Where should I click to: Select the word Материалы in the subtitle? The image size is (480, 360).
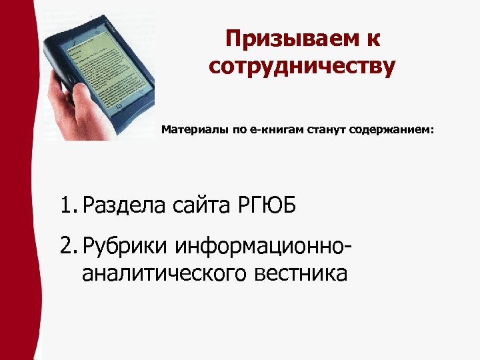click(x=193, y=131)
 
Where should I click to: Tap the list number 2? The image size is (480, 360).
click(x=67, y=247)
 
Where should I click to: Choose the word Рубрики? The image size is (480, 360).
click(x=127, y=247)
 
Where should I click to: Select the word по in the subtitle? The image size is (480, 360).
click(x=239, y=131)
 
